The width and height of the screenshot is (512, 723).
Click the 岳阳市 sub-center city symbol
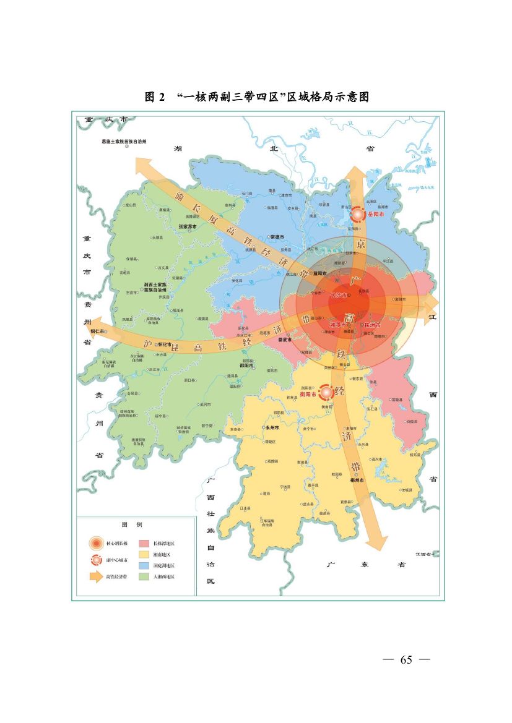358,215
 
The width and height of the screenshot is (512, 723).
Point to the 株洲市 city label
372,325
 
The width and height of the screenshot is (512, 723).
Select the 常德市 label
277,237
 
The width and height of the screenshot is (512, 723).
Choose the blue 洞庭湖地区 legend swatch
144,565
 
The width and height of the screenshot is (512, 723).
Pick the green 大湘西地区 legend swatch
144,576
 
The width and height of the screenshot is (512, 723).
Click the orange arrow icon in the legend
96,576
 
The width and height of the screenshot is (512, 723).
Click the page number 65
406,659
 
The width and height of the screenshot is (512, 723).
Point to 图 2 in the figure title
155,97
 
